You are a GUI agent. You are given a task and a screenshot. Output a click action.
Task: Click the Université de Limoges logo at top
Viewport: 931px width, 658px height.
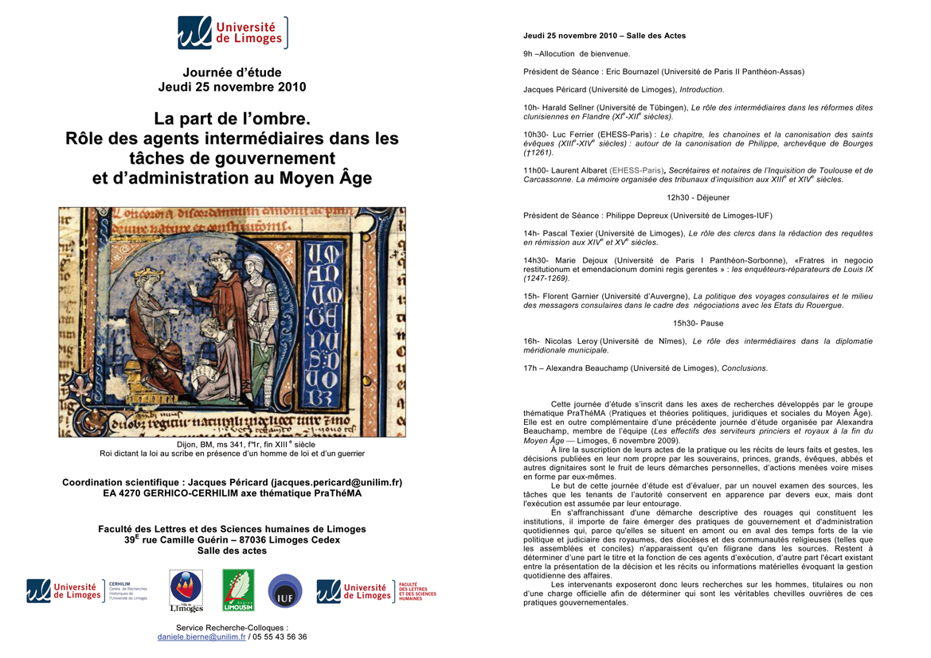[232, 33]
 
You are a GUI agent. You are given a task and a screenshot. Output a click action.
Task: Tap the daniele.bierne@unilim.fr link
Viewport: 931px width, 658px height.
[201, 637]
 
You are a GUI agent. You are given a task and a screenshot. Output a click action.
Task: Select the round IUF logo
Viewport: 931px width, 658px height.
[285, 590]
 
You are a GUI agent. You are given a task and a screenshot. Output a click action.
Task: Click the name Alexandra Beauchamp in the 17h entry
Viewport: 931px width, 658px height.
[590, 368]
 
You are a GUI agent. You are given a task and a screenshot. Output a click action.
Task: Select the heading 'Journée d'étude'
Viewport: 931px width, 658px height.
[232, 72]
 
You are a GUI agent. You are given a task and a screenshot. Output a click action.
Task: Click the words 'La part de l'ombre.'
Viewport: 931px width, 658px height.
[232, 119]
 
